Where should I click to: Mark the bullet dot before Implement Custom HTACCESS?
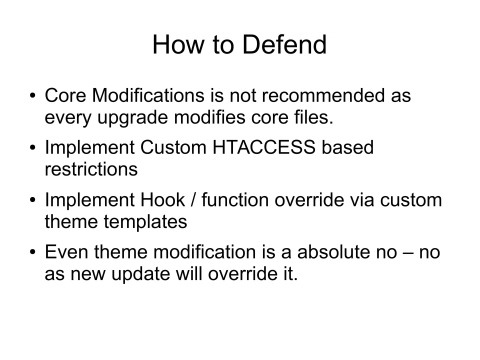(x=33, y=148)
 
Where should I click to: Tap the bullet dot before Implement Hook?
(x=33, y=200)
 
